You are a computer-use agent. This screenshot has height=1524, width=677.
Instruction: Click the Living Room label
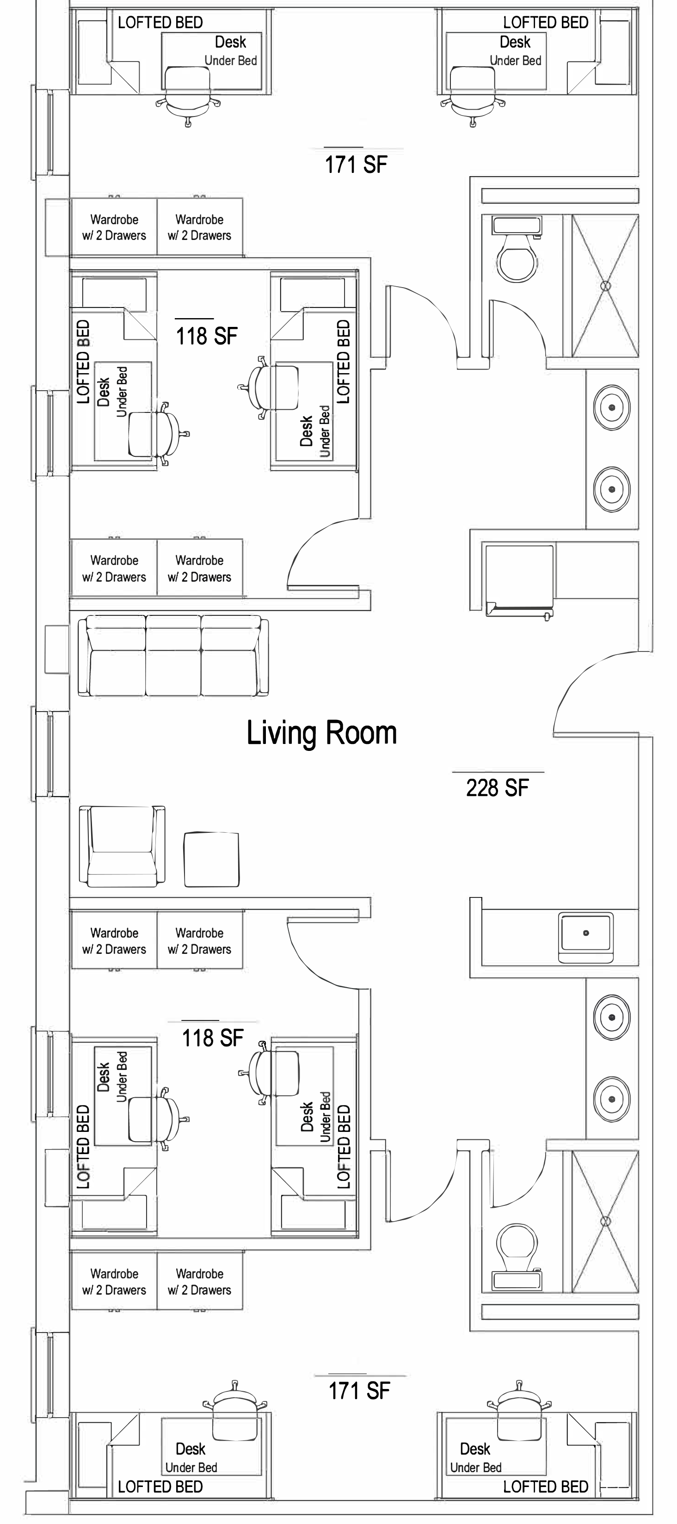tap(321, 733)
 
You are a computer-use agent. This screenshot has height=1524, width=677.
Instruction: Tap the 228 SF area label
tap(497, 787)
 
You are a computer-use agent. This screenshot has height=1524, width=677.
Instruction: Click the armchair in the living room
tap(122, 846)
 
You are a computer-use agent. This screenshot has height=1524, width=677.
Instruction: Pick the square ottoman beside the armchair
tap(212, 860)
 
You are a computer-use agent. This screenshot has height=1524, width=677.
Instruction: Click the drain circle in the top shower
tap(605, 286)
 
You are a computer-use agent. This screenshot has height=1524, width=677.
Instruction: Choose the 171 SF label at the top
tap(356, 165)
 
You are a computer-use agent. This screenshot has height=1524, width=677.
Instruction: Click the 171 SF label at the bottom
tap(359, 1390)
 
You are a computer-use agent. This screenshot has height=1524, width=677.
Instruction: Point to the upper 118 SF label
tap(207, 336)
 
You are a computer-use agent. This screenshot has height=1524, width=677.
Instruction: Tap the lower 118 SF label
tap(212, 1038)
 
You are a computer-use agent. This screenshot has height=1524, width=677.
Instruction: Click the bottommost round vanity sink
tap(612, 1099)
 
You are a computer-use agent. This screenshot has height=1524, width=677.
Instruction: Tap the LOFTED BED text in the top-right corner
tap(546, 23)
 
